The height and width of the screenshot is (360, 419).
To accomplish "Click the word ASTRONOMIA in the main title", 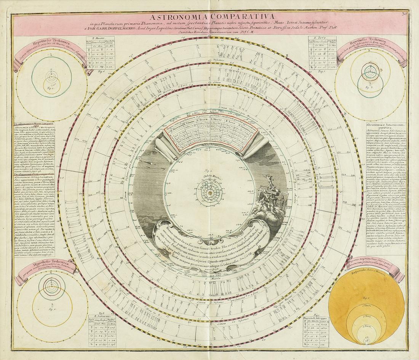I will [x=175, y=17].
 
